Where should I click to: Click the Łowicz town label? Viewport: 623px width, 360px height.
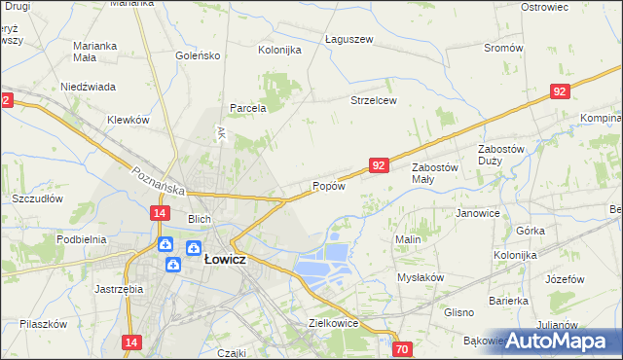click(225, 260)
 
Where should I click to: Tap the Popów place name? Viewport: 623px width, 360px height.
click(328, 186)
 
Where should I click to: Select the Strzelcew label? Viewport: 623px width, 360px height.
click(375, 100)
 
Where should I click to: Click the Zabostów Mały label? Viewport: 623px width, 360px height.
click(434, 173)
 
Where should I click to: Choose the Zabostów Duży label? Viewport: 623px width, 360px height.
click(502, 155)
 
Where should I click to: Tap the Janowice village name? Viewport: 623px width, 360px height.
click(477, 213)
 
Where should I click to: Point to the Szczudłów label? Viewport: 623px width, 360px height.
click(37, 198)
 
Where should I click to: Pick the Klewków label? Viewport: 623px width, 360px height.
click(128, 120)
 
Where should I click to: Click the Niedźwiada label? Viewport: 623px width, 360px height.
click(89, 86)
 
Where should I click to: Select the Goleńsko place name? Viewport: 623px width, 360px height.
click(198, 55)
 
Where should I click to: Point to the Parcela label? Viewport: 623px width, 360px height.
click(248, 108)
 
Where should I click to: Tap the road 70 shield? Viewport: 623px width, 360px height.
click(402, 348)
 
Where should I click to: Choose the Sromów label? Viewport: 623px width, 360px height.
click(503, 47)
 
